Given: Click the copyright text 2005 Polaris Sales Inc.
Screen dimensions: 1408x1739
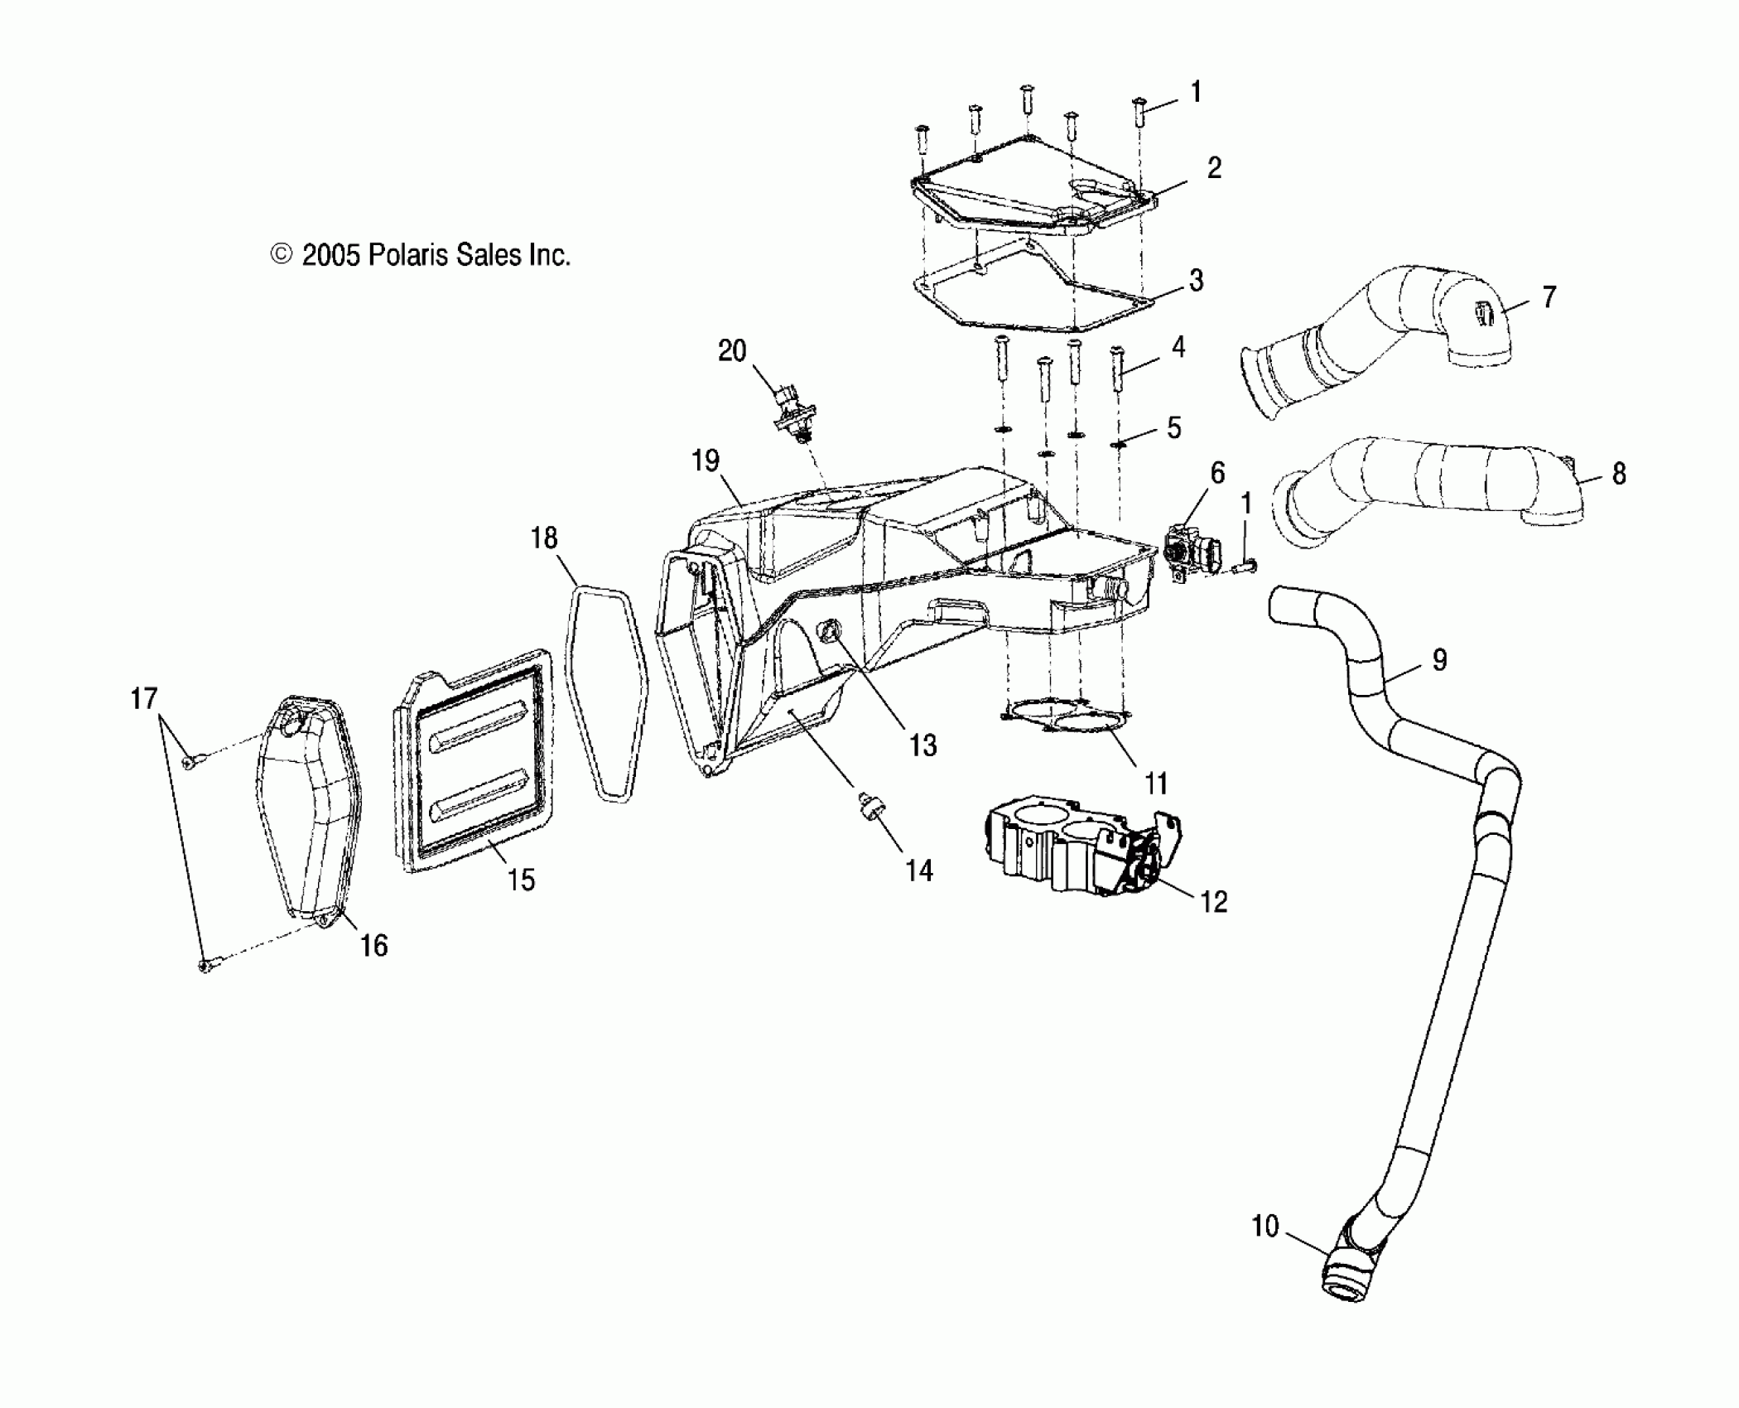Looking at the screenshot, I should pos(421,255).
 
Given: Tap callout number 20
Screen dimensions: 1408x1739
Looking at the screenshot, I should pos(732,351).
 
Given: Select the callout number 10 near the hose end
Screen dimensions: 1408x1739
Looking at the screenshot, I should pos(1265,1226).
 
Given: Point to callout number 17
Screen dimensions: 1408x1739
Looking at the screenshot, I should pos(144,698).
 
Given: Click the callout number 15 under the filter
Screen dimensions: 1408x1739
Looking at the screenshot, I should pos(522,880).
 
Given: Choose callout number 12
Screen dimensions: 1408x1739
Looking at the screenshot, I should pos(1213,902).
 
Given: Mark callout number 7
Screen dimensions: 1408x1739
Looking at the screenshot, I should pos(1549,297).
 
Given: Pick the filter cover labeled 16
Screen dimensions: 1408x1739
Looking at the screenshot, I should pos(306,812).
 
